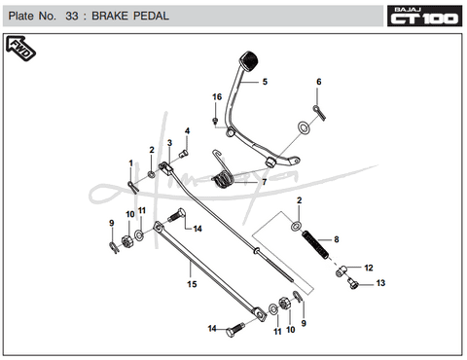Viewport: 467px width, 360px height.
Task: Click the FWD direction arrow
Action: (x=20, y=49)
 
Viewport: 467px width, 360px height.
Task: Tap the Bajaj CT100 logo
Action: (x=424, y=16)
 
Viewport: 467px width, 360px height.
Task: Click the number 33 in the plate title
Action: (x=72, y=16)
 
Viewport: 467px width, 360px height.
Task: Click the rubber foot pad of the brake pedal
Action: (x=249, y=60)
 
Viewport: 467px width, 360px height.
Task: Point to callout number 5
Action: (x=265, y=82)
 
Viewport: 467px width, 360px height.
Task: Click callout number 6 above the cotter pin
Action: (x=319, y=82)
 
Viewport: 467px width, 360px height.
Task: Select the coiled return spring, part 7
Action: (x=223, y=179)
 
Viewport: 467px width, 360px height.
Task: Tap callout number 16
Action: (x=217, y=97)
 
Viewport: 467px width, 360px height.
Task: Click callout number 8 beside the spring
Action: (x=337, y=239)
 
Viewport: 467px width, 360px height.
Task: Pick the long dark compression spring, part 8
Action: (x=315, y=245)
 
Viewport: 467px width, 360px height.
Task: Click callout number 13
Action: (x=380, y=283)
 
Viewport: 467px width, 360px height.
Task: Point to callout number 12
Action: (x=369, y=268)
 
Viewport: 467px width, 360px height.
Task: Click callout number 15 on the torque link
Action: (x=192, y=284)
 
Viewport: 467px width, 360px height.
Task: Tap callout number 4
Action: (x=187, y=131)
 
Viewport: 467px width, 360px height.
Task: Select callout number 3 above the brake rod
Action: (x=169, y=143)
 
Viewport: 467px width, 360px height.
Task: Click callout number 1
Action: (x=131, y=163)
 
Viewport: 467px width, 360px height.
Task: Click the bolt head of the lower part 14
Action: (x=230, y=333)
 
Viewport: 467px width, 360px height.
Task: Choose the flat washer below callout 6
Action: (x=304, y=127)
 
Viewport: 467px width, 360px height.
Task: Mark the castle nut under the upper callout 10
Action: (x=127, y=242)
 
